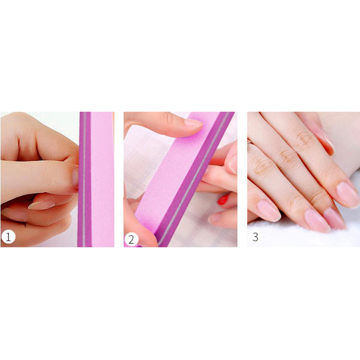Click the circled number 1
tap(8, 237)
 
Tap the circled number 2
tap(131, 239)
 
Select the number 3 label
tap(255, 237)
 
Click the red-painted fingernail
tap(223, 199)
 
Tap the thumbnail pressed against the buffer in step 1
tap(75, 178)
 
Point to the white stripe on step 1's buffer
tap(84, 179)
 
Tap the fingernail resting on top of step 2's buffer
tap(193, 123)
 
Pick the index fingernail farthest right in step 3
tap(347, 194)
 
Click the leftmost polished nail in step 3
tap(269, 210)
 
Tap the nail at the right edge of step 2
tap(233, 164)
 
